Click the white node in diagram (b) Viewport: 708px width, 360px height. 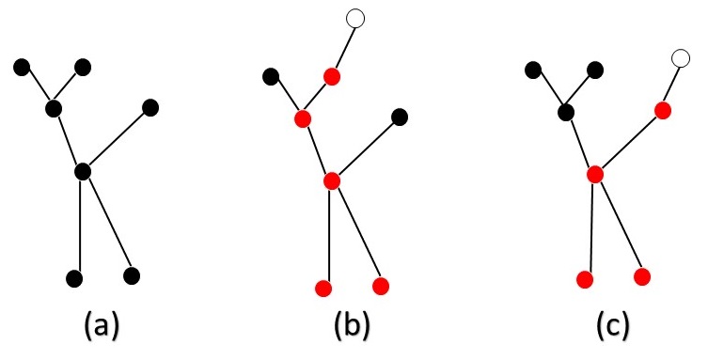[354, 17]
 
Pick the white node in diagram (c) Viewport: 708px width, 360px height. [682, 59]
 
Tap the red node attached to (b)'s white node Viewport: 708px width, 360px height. [332, 75]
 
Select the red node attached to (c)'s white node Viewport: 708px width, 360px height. [662, 110]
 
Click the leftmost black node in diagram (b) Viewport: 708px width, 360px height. [271, 75]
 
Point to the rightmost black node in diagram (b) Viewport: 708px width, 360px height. [400, 117]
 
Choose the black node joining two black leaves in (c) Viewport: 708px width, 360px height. [565, 113]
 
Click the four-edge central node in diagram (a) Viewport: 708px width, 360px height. [83, 171]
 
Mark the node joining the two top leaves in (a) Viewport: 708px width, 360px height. [54, 108]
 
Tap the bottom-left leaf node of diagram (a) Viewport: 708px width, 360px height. [75, 278]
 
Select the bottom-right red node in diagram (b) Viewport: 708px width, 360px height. [381, 284]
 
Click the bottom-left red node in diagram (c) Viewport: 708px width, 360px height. [584, 279]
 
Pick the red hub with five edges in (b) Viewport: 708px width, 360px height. [331, 180]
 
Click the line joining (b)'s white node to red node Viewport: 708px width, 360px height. [343, 47]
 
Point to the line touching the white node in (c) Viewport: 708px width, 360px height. [671, 85]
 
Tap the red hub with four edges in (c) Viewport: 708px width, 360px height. [594, 174]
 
